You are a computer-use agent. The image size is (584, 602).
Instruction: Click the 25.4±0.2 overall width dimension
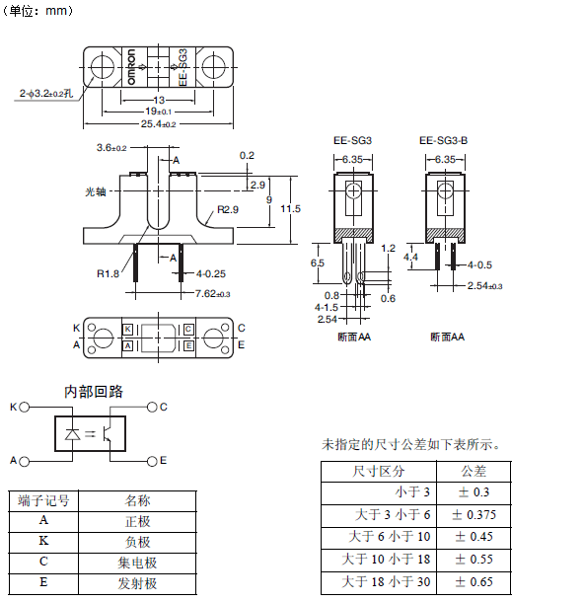pos(159,124)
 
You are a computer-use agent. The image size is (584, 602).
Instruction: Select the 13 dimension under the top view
pos(159,101)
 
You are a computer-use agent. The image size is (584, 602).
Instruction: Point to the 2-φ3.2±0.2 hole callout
pos(46,94)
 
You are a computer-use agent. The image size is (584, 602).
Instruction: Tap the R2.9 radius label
pos(228,209)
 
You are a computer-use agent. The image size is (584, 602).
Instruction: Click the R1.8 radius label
pos(108,273)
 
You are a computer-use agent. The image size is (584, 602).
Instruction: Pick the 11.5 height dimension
pos(290,209)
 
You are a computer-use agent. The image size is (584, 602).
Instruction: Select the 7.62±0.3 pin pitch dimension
pos(212,294)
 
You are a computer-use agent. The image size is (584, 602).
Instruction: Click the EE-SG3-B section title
pos(443,140)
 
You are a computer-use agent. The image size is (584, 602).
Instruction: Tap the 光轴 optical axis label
pos(95,191)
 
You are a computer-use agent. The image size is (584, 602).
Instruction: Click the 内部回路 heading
pos(94,392)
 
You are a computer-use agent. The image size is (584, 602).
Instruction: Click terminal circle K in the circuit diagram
pos(25,407)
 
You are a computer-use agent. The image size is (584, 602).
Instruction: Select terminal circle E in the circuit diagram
pos(152,461)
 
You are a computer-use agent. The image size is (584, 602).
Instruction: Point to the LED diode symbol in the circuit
pos(72,434)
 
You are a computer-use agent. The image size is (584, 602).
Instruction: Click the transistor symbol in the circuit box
pos(108,434)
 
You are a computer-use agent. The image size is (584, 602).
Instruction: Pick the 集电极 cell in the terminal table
pos(137,563)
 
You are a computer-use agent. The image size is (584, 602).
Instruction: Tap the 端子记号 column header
pos(43,500)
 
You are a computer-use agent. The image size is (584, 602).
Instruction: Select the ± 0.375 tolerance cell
pos(474,515)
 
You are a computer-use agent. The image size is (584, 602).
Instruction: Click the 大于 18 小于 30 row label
pos(386,581)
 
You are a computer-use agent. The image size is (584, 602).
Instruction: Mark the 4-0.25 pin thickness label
pos(211,273)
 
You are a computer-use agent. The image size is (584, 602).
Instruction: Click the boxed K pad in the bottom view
pos(128,330)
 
